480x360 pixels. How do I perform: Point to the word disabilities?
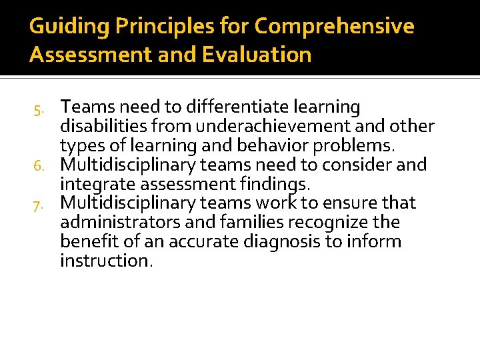point(99,126)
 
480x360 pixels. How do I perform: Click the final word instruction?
point(106,261)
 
